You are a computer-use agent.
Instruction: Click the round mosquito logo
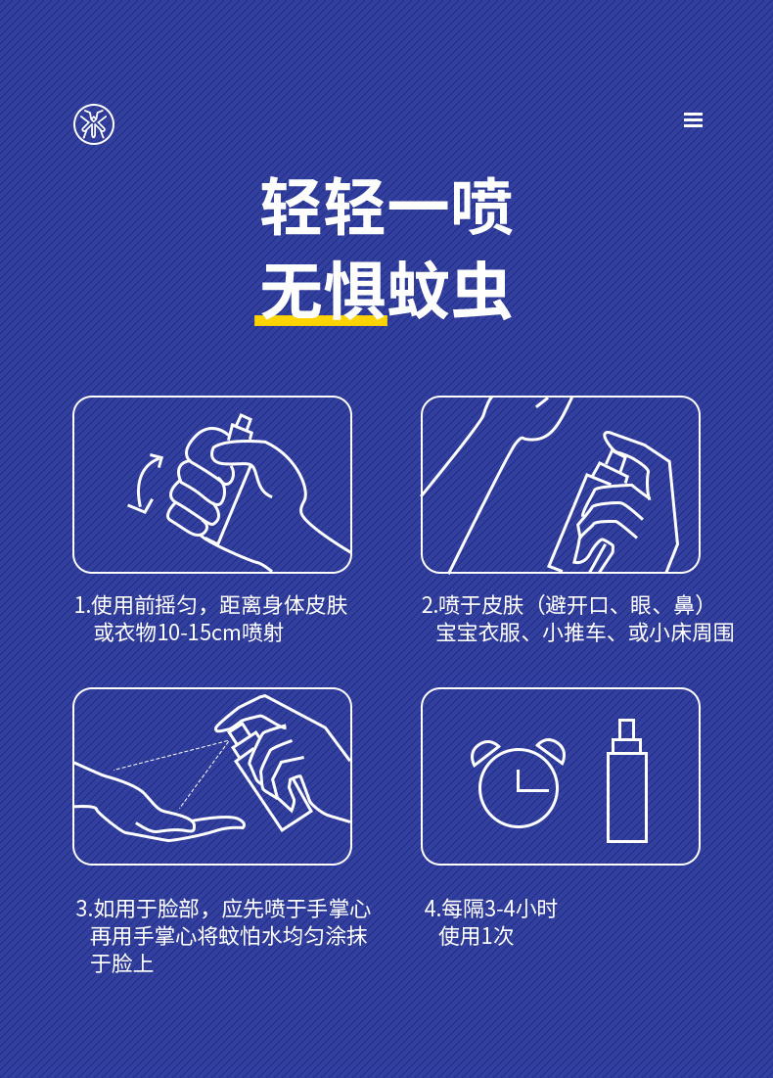(x=94, y=124)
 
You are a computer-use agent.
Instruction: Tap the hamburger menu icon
(x=693, y=120)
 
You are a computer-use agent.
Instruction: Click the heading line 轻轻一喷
(x=386, y=207)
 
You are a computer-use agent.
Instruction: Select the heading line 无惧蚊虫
(x=386, y=291)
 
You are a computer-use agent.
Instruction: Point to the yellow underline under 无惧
(x=321, y=320)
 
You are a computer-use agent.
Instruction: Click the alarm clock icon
(x=518, y=782)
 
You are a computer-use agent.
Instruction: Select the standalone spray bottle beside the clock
(x=626, y=780)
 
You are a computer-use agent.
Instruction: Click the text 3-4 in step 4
(x=500, y=909)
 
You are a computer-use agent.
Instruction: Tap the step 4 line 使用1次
(x=477, y=936)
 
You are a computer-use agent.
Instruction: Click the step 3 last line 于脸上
(x=122, y=963)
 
